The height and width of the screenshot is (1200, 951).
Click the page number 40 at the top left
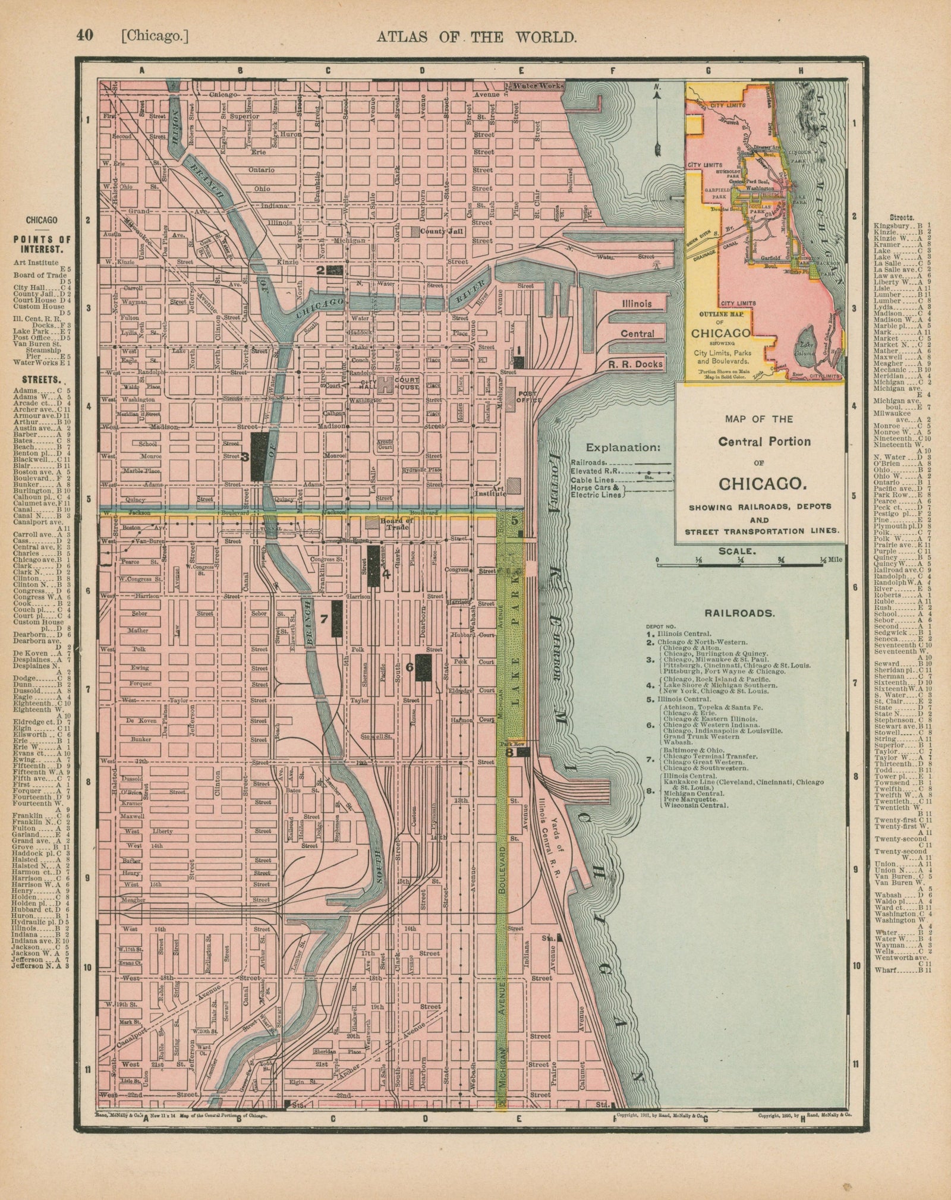tap(84, 36)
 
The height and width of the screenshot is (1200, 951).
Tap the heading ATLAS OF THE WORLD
tap(476, 37)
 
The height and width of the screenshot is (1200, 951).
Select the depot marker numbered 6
tap(423, 667)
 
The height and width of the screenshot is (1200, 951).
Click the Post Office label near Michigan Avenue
tap(528, 397)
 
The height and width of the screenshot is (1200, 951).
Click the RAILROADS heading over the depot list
tap(739, 613)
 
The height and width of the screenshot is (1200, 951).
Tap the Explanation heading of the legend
tap(623, 448)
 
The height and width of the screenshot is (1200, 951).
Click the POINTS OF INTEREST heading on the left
tap(42, 244)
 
